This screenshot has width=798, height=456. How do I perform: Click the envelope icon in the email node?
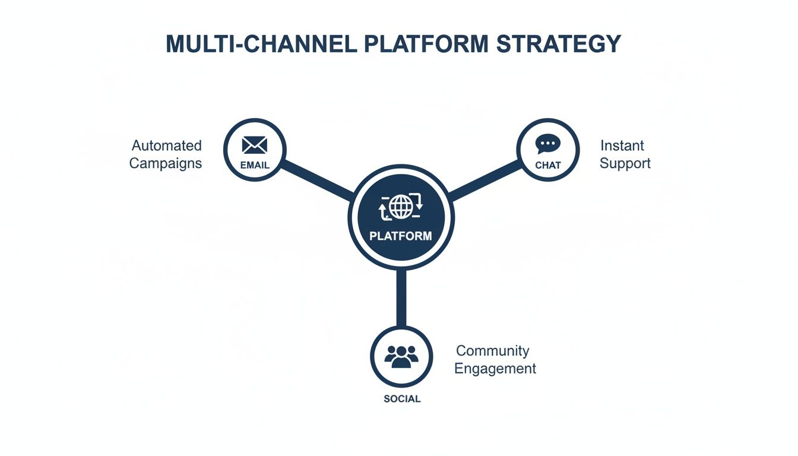tap(255, 145)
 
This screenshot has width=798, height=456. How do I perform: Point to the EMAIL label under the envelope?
tap(255, 165)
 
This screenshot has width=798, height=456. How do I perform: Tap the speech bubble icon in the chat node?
tap(547, 144)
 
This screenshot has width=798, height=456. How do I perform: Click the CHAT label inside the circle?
tap(547, 165)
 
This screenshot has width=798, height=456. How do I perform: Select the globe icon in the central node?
tap(401, 207)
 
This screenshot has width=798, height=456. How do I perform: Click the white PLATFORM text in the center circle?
tap(401, 236)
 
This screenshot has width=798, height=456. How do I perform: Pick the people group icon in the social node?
tap(401, 355)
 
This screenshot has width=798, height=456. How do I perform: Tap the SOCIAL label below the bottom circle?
tap(402, 399)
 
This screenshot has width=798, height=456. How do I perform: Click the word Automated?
tap(167, 145)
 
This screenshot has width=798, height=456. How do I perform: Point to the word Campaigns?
tap(166, 163)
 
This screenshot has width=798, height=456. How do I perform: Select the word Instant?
tap(622, 145)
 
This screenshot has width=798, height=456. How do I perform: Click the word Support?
tap(625, 163)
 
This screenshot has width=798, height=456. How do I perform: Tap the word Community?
tap(492, 351)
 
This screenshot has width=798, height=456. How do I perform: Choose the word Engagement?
tap(495, 369)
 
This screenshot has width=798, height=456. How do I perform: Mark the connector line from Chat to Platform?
tap(484, 179)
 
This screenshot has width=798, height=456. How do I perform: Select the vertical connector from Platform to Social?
tap(401, 297)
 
